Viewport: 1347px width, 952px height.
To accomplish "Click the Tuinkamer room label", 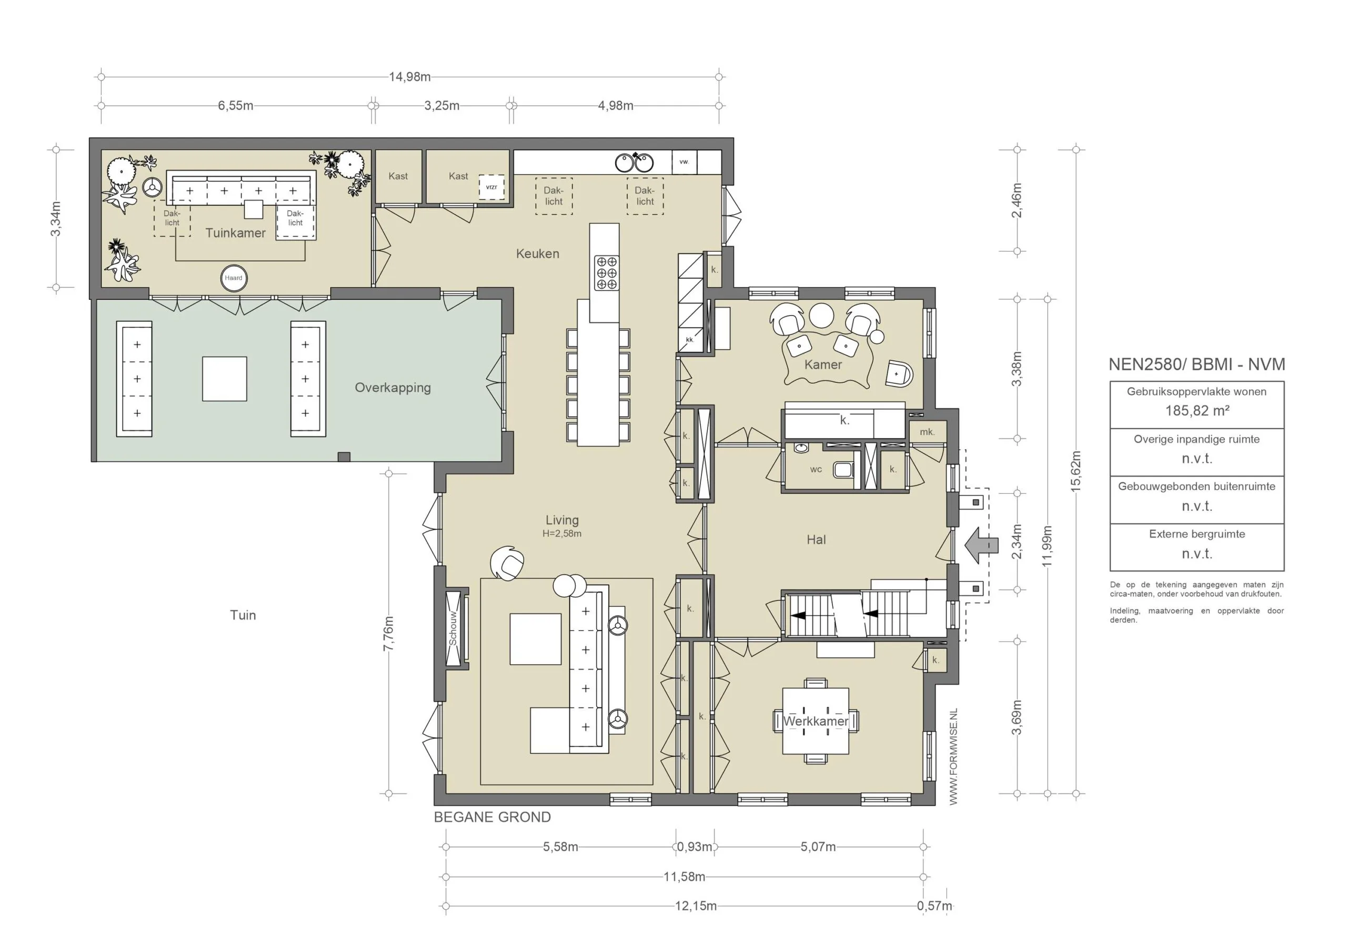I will coord(235,233).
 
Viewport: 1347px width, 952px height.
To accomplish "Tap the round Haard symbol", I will coord(234,278).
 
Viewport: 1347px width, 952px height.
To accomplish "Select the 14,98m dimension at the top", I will coord(409,77).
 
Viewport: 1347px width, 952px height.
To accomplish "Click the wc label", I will coord(816,469).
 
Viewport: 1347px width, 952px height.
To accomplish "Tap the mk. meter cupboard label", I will coord(927,432).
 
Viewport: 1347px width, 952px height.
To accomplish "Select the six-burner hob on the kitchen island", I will coord(606,273).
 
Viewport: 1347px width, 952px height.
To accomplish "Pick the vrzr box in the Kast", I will coord(491,187).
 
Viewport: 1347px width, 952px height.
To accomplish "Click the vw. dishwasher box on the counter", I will coord(683,162).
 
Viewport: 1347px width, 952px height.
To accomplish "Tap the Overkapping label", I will coord(393,388).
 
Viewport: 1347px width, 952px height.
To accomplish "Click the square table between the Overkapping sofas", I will coord(224,379).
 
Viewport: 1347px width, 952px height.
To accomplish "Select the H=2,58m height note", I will coord(561,534).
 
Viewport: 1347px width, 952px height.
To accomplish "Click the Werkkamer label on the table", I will coord(816,722).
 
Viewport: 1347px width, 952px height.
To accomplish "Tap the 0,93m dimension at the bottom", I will coord(695,847).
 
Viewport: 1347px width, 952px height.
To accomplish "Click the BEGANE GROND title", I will coord(492,817).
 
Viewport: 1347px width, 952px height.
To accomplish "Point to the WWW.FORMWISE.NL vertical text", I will coord(953,757).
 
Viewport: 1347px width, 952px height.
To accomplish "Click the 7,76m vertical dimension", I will coord(388,633).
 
